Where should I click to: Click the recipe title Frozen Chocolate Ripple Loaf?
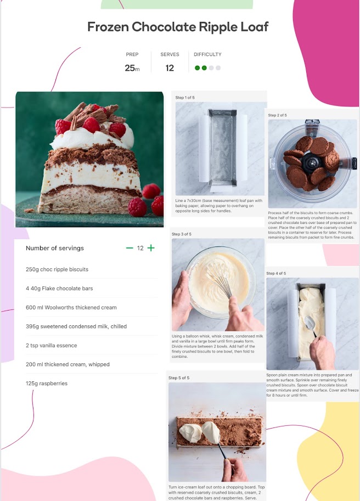178,27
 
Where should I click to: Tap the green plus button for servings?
151,248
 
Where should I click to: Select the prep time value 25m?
132,68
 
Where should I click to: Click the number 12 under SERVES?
170,68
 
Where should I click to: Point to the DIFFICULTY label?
207,54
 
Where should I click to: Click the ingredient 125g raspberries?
47,384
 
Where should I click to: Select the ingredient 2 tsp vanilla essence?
52,345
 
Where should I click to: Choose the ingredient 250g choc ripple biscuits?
57,269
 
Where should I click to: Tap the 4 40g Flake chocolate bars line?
59,289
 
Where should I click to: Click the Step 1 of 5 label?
185,98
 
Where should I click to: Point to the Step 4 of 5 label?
276,273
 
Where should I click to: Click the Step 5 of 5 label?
179,378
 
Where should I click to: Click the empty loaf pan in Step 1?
222,148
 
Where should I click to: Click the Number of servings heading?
55,248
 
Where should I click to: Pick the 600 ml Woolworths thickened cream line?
71,307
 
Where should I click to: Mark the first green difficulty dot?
198,67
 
